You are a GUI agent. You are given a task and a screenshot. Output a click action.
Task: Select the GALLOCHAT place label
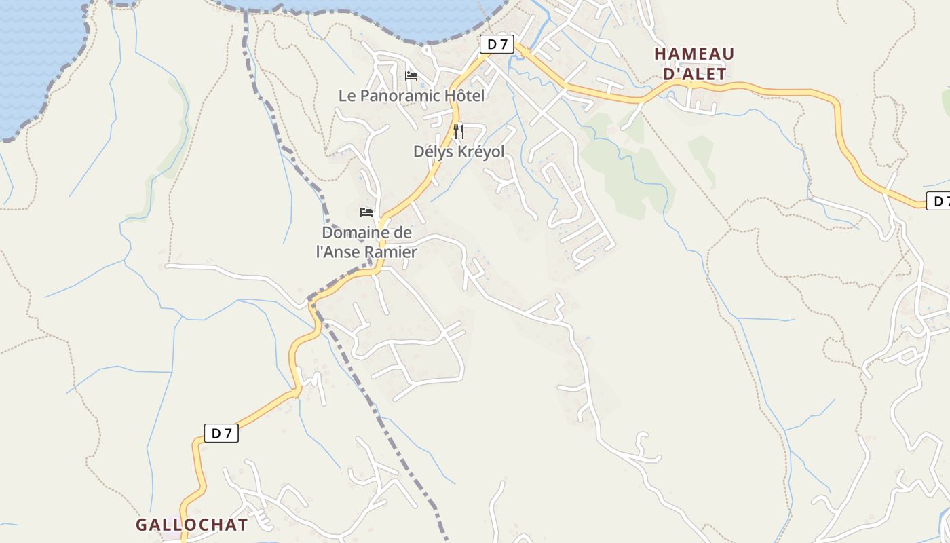point(192,525)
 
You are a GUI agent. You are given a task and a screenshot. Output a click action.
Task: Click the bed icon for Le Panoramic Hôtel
point(411,75)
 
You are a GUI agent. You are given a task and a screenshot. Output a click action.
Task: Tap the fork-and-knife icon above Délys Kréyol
point(459,131)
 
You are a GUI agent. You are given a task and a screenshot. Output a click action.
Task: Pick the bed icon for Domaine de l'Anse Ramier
point(366,212)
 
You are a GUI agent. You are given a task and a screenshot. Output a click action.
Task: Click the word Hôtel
point(465,96)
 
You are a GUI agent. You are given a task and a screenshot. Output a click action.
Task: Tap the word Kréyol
point(480,151)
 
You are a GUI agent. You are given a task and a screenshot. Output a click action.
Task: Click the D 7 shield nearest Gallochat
point(221,433)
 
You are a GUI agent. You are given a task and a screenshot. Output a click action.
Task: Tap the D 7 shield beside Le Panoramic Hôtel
point(497,44)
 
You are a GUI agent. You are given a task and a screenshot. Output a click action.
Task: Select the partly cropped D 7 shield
point(939,201)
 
